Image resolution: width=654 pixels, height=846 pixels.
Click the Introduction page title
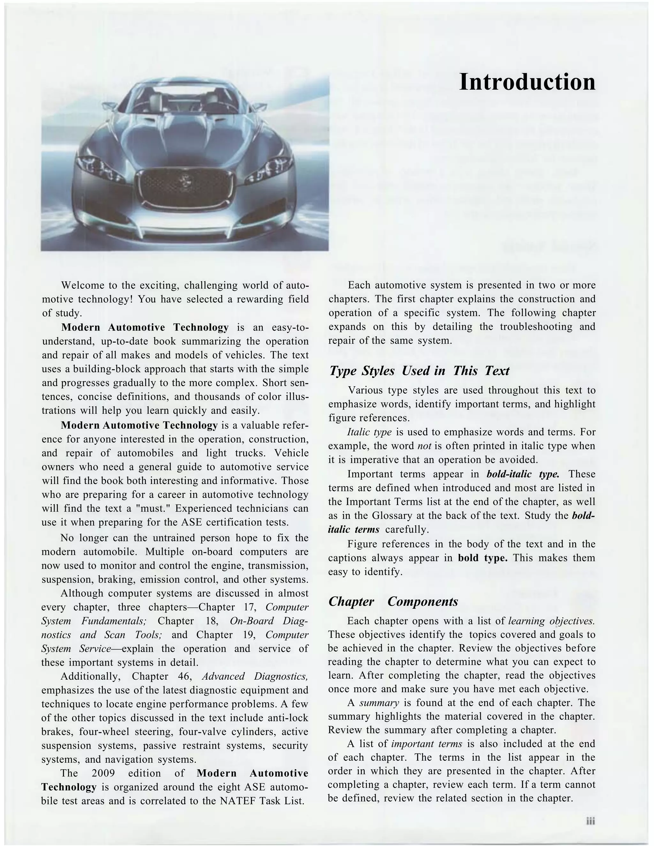tap(527, 82)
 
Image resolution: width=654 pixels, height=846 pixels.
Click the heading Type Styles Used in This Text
tap(419, 371)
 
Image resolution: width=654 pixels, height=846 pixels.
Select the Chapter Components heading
tap(393, 601)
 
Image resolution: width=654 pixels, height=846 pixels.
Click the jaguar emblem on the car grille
tap(185, 181)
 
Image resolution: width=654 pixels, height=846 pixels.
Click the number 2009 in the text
tap(103, 773)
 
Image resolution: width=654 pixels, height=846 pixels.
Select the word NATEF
tap(237, 801)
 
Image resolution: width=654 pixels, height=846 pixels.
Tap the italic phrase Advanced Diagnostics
tap(255, 676)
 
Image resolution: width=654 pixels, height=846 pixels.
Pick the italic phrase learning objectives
tap(551, 621)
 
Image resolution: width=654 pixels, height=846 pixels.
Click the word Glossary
tap(392, 516)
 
